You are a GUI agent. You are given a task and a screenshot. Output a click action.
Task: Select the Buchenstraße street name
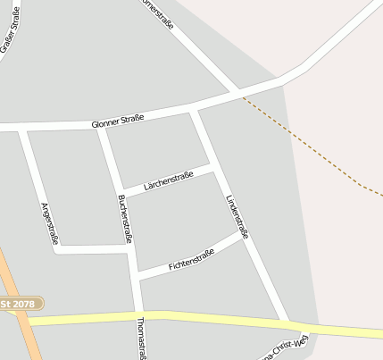(125, 218)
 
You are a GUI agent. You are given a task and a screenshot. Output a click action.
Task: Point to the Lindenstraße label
(237, 216)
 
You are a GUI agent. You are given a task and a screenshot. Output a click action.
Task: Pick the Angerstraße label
(50, 223)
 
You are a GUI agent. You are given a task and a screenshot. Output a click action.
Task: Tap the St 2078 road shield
(19, 305)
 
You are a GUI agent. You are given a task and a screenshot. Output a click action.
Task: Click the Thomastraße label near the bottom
(141, 338)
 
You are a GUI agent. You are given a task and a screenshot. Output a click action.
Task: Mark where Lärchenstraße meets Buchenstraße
(119, 192)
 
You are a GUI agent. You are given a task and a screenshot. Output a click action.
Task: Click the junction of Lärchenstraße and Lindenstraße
(213, 166)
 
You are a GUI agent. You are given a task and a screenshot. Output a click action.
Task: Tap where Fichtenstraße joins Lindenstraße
(243, 234)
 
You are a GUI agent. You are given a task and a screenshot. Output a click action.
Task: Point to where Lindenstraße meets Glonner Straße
(192, 112)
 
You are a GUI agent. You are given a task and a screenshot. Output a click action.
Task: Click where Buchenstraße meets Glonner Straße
(100, 128)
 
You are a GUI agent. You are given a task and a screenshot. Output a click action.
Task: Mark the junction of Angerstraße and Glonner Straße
(22, 130)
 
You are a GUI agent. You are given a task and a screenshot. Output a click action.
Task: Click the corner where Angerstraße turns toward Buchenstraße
(57, 249)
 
